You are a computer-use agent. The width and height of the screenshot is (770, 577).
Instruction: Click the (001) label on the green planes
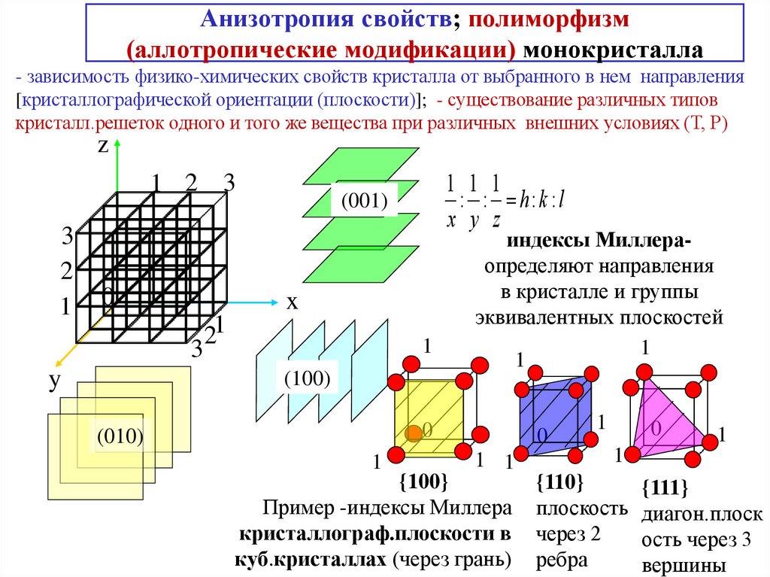pos(364,201)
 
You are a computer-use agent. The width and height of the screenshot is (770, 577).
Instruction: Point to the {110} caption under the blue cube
pos(559,481)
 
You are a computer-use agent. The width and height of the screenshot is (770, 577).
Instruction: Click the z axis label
pos(104,147)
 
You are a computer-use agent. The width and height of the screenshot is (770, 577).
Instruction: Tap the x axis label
pos(292,302)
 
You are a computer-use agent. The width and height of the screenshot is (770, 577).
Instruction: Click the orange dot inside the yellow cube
pos(412,433)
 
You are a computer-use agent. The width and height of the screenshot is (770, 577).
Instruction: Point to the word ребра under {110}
pos(561,560)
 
